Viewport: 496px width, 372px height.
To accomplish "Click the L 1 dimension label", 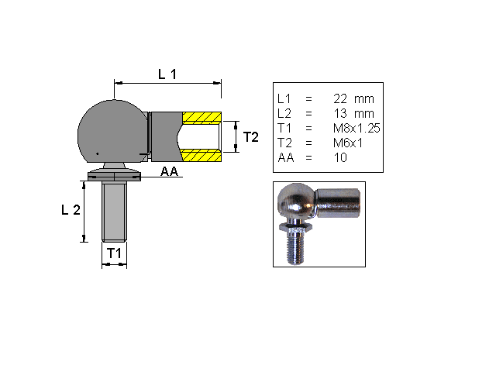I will coord(167,74).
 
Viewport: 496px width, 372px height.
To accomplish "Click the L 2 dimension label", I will coord(71,211).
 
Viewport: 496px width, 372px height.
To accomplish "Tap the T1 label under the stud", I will coord(114,253).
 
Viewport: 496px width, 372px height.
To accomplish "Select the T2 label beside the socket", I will coord(250,137).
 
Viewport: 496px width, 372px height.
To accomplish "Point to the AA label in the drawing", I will coord(170,172).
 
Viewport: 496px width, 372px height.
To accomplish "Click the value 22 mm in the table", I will coord(353,99).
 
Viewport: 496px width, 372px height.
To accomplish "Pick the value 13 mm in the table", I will coord(353,114).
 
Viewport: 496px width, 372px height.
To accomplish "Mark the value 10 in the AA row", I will coord(340,158).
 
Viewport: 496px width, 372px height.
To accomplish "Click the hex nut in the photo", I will coord(298,229).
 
